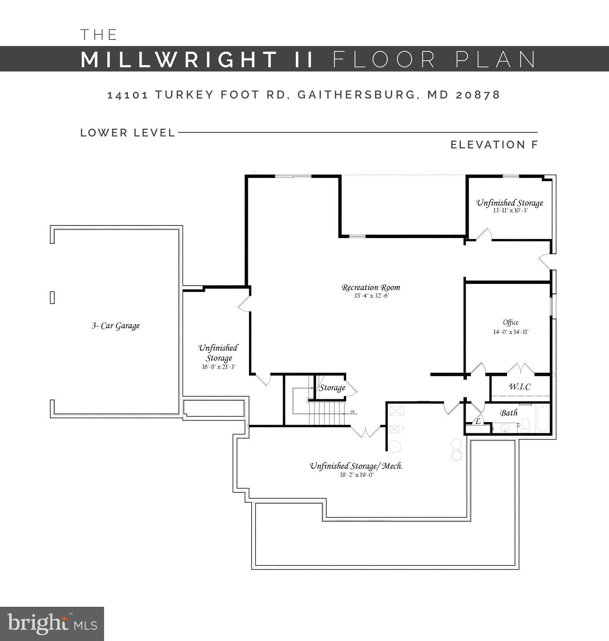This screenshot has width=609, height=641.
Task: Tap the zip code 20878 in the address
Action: click(478, 95)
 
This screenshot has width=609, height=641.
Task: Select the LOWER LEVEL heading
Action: click(128, 133)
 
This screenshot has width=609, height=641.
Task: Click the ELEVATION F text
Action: click(494, 145)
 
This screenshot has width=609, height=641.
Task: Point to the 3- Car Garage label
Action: click(116, 326)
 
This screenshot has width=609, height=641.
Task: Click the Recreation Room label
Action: click(371, 287)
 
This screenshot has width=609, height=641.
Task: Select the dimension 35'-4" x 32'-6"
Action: click(371, 296)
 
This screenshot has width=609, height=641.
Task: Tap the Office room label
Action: click(511, 322)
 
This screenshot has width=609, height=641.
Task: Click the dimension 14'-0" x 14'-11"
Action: click(511, 332)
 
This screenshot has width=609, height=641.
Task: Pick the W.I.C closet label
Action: click(520, 387)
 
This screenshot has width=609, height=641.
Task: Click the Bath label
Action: click(509, 413)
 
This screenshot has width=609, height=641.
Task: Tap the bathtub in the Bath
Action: click(542, 418)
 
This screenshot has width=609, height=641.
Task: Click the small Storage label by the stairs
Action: click(332, 388)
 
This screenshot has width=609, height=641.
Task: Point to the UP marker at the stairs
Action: click(352, 412)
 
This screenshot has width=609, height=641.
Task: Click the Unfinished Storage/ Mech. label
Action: click(356, 466)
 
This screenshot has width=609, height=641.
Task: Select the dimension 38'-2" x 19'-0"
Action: click(356, 475)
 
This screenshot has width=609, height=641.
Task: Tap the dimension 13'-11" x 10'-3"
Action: click(510, 210)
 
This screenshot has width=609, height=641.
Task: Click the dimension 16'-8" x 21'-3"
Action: click(219, 367)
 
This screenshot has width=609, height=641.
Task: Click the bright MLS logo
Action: click(52, 624)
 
